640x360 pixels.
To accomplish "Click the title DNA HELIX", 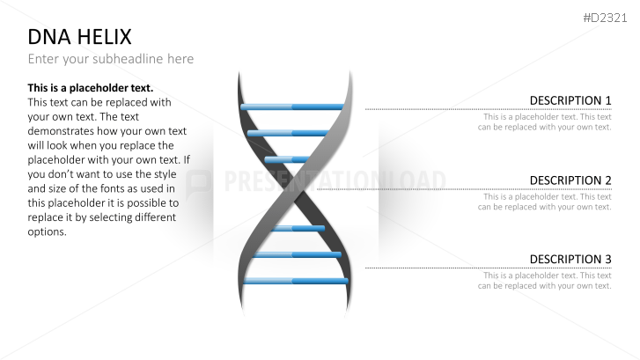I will [x=79, y=37].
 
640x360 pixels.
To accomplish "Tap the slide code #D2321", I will [x=607, y=18].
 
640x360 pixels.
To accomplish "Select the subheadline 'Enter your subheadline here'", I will [x=110, y=59].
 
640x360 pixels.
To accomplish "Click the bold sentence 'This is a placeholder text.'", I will [x=91, y=88].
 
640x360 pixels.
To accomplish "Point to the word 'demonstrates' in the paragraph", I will [x=64, y=131].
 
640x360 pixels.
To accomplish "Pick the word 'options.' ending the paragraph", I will [x=47, y=231].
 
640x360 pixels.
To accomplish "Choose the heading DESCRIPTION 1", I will [x=570, y=100].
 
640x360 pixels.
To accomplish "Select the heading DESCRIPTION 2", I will [x=570, y=180].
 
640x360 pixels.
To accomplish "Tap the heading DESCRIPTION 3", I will [x=570, y=259].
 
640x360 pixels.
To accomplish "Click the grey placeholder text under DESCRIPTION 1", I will [x=545, y=121].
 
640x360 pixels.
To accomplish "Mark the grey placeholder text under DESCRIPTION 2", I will [x=545, y=202].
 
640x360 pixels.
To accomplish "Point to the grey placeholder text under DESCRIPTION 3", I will [x=545, y=280].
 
